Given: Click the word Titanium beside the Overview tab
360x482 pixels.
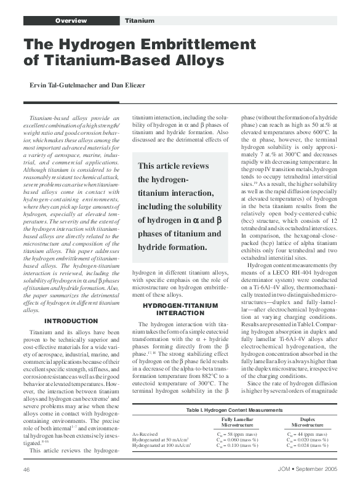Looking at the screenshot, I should click(x=140, y=21).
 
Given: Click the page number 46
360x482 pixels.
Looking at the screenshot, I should click(x=27, y=470).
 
